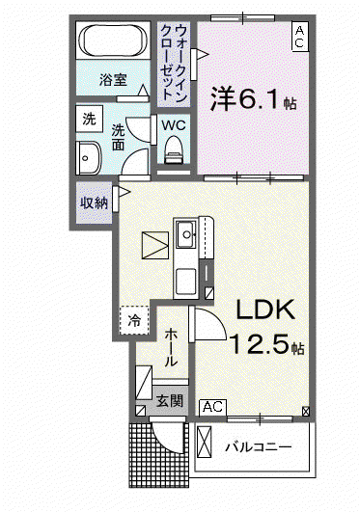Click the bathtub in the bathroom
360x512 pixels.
(113, 40)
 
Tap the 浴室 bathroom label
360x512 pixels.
(113, 80)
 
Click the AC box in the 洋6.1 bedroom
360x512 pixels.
(300, 37)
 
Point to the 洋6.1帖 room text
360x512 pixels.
(254, 98)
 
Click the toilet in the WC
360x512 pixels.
(174, 150)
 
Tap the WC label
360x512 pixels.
(174, 125)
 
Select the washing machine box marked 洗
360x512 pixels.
(89, 119)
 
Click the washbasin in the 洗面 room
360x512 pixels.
(88, 158)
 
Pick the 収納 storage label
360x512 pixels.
(95, 203)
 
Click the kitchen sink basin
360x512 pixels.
(186, 234)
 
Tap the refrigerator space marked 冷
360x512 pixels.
(134, 320)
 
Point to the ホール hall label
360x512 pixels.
(171, 348)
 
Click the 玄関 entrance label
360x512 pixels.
(169, 401)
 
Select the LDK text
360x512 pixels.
(265, 310)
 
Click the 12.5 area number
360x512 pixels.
(261, 344)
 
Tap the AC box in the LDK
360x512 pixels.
(213, 408)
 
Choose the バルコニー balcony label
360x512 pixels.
(258, 446)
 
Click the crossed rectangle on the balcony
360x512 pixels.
(205, 442)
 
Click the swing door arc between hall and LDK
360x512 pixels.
(216, 318)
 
